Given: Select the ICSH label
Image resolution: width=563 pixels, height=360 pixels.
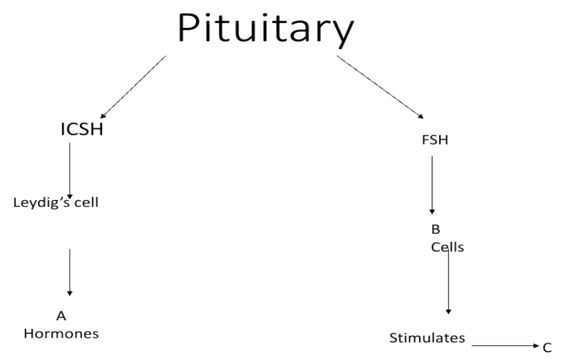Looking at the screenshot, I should pyautogui.click(x=81, y=129).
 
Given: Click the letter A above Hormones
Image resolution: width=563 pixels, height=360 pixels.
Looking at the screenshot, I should pyautogui.click(x=60, y=316).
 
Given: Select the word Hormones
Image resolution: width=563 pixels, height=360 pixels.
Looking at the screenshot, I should pyautogui.click(x=61, y=333).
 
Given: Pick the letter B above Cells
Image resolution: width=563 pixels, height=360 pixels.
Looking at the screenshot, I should pyautogui.click(x=436, y=229).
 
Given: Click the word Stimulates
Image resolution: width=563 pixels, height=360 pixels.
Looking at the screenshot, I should pyautogui.click(x=427, y=338).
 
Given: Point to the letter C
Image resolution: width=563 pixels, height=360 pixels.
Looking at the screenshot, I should pyautogui.click(x=547, y=347).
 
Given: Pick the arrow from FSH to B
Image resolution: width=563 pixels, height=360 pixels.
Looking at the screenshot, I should pyautogui.click(x=432, y=184).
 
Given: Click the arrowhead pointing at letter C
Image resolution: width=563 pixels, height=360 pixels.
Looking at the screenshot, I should pyautogui.click(x=536, y=345).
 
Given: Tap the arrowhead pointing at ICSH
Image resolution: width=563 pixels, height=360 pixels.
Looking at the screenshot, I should pyautogui.click(x=103, y=115).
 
